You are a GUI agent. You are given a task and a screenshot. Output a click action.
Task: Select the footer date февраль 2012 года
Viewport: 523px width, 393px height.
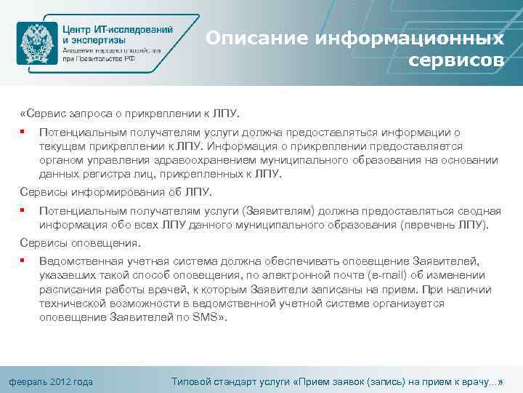50,381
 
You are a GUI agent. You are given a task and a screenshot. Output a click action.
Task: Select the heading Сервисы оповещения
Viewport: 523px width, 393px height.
81,243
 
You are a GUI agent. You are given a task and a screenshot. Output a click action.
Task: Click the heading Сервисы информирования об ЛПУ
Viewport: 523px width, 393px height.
115,192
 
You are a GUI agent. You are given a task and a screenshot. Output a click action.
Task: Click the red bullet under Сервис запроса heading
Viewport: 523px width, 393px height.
24,132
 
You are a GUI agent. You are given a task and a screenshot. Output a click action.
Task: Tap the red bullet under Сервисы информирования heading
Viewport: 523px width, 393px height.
24,210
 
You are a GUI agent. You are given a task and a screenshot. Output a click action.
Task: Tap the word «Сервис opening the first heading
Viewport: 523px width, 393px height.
44,114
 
